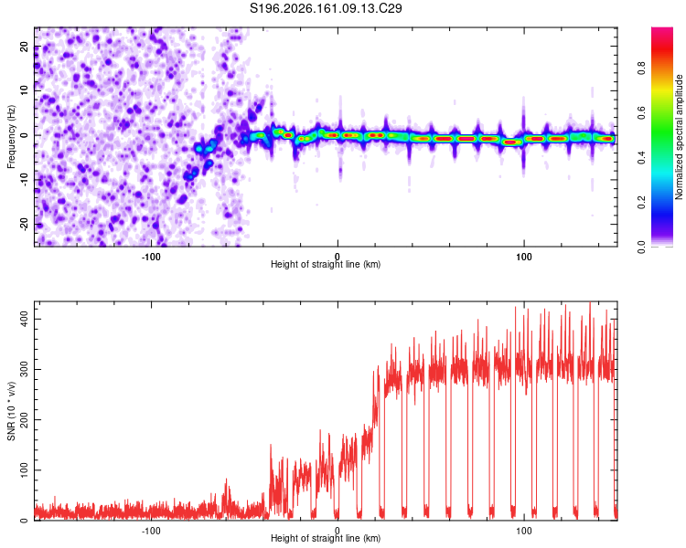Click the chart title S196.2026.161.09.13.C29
326,8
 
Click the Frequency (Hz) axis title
11,137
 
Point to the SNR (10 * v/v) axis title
11,411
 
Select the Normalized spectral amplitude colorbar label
679,137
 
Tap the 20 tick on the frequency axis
25,47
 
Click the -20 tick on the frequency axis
25,225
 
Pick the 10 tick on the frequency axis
25,91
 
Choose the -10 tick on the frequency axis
25,180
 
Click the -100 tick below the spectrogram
151,257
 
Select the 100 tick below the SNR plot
524,531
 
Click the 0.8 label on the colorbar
641,68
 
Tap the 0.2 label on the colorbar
641,203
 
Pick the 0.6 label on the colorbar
641,112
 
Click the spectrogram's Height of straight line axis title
326,264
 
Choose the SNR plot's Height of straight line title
326,538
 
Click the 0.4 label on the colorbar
641,158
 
